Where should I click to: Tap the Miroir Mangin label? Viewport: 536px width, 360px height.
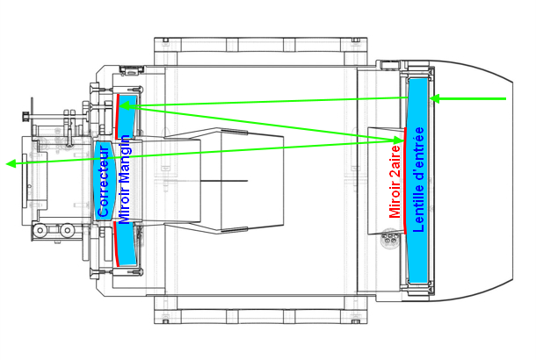(124, 180)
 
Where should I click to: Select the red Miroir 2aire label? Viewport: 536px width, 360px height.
(395, 182)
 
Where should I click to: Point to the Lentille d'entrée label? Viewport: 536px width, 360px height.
(418, 180)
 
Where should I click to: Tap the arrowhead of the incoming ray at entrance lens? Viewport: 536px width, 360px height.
(435, 99)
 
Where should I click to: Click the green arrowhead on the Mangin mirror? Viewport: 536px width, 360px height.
(125, 106)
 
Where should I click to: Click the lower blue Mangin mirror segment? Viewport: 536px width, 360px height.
(126, 243)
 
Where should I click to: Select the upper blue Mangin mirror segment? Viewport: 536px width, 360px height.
(127, 117)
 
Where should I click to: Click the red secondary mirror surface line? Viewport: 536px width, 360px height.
(405, 181)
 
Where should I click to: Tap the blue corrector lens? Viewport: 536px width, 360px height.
(105, 181)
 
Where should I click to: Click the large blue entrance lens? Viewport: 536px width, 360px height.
(418, 180)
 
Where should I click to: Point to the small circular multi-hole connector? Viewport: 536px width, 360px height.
(389, 237)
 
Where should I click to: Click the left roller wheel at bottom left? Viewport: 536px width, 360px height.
(40, 230)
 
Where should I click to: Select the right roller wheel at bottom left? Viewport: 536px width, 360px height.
(67, 230)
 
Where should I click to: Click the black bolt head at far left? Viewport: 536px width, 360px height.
(25, 116)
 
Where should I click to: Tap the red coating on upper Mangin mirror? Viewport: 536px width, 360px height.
(117, 116)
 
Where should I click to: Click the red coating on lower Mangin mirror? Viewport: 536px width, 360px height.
(116, 243)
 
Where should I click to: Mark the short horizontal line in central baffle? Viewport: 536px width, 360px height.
(224, 181)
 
